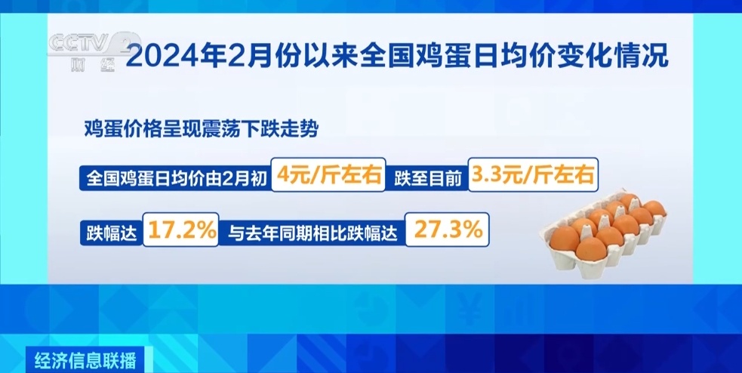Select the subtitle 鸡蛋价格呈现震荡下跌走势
201,129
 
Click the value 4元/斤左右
329,174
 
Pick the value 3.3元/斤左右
533,174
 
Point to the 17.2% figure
180,230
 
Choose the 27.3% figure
448,230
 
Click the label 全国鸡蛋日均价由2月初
176,177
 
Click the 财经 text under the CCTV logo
93,66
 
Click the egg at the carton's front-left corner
565,239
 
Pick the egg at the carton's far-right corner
654,208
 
